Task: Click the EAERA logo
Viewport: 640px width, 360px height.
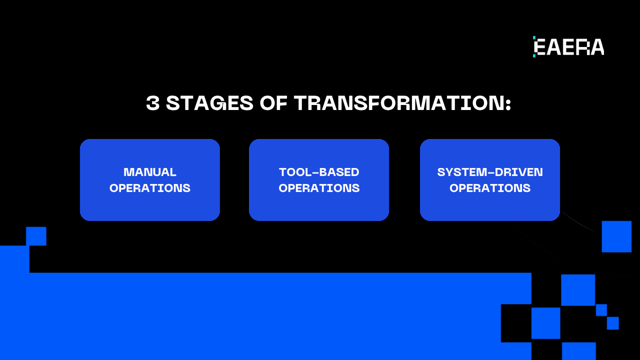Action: pos(568,47)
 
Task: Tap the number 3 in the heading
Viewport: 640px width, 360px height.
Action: pos(153,103)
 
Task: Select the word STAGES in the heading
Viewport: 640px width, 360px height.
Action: pos(210,103)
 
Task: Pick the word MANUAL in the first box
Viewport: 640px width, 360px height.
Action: pos(150,172)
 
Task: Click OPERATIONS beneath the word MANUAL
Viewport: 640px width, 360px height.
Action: pos(150,188)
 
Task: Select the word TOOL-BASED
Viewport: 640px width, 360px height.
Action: pos(319,172)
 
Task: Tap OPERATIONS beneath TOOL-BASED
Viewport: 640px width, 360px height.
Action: pos(319,188)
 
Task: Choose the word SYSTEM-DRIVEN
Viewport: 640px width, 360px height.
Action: pos(490,172)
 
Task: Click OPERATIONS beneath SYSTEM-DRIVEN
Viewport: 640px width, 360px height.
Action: pos(490,188)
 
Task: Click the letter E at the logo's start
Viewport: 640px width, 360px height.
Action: pos(540,47)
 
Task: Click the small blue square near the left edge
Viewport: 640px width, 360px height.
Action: pos(36,236)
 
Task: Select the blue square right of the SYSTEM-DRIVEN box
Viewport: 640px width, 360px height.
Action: pos(616,236)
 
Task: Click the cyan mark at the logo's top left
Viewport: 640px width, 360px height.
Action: pos(534,38)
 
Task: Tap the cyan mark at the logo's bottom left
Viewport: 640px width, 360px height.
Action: pos(534,55)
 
